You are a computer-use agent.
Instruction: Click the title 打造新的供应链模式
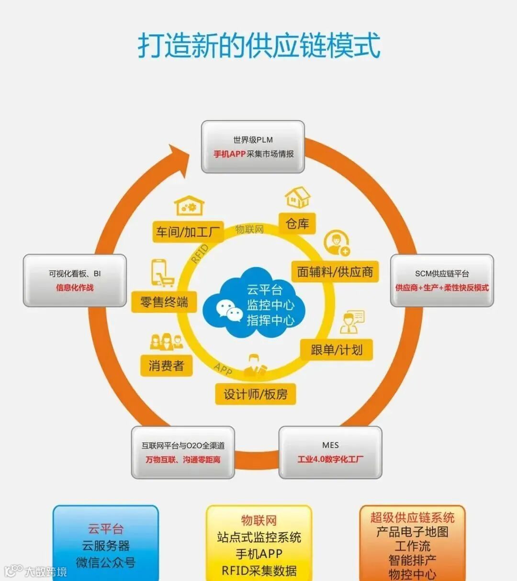pyautogui.click(x=259, y=45)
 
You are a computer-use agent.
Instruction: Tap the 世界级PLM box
pyautogui.click(x=253, y=147)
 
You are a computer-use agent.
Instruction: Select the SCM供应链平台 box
pyautogui.click(x=442, y=280)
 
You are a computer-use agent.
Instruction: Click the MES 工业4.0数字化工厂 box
pyautogui.click(x=330, y=452)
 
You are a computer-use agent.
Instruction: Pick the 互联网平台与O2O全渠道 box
pyautogui.click(x=183, y=452)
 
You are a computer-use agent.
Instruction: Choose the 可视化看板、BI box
pyautogui.click(x=75, y=280)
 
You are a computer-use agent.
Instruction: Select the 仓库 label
pyautogui.click(x=297, y=223)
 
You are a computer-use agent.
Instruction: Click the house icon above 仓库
pyautogui.click(x=297, y=197)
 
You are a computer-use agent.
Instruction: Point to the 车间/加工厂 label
pyautogui.click(x=188, y=232)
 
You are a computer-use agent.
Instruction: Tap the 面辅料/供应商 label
pyautogui.click(x=335, y=272)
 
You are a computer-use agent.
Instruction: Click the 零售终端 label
pyautogui.click(x=164, y=302)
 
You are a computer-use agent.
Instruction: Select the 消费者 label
pyautogui.click(x=166, y=366)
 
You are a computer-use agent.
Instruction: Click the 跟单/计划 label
pyautogui.click(x=337, y=350)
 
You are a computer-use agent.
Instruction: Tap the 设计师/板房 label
pyautogui.click(x=255, y=394)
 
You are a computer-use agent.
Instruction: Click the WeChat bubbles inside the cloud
pyautogui.click(x=229, y=310)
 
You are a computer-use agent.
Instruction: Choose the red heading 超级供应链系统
pyautogui.click(x=412, y=517)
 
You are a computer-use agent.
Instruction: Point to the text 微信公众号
pyautogui.click(x=106, y=562)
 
